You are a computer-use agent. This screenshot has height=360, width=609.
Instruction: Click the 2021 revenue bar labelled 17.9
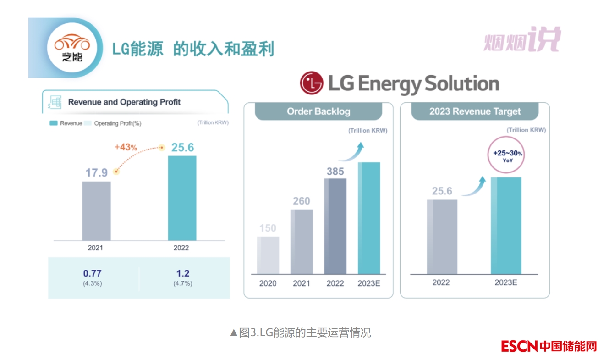point(96,211)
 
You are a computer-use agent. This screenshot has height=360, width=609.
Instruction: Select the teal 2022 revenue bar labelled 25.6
point(182,198)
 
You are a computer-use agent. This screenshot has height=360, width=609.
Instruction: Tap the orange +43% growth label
point(126,147)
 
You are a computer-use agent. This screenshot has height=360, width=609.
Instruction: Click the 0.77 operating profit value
point(92,274)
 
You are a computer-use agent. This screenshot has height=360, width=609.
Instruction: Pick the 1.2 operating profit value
point(182,274)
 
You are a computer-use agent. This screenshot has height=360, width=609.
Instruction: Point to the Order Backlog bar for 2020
point(268,255)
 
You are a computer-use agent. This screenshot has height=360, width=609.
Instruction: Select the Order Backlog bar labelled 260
point(302,242)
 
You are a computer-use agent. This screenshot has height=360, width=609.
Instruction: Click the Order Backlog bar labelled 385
point(335,226)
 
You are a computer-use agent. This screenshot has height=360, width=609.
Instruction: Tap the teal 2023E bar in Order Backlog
point(369,218)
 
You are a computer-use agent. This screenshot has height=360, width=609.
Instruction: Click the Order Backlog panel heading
point(318,111)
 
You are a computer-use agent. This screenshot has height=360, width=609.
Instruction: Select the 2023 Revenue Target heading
point(475,111)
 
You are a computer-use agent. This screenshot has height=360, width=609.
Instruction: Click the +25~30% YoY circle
point(506,156)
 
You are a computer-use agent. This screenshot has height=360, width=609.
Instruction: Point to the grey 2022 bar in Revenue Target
point(442,237)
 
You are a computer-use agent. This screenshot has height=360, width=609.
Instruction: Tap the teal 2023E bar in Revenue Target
point(506,226)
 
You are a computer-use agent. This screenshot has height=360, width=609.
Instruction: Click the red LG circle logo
point(311,84)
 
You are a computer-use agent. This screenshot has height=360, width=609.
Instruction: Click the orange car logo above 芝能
point(72,43)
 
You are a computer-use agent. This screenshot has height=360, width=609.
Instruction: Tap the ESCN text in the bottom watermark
point(519,346)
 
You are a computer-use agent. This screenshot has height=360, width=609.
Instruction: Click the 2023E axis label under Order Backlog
point(369,283)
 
